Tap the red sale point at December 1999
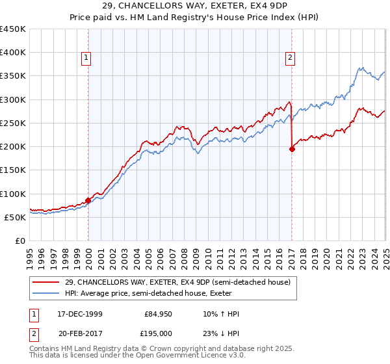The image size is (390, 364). [88, 201]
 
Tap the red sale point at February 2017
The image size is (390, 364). [292, 149]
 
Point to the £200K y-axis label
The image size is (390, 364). [13, 147]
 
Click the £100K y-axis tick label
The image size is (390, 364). [13, 194]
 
